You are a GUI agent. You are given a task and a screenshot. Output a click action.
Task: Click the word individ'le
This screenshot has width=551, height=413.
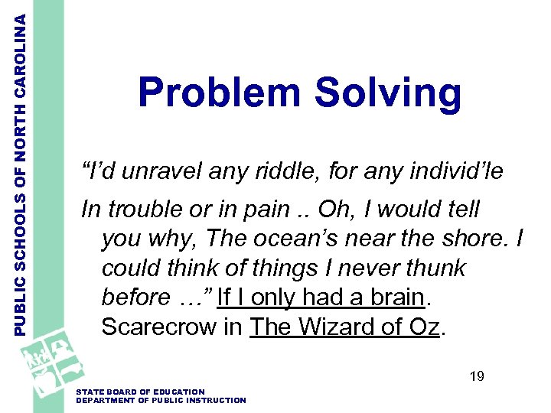click(x=456, y=171)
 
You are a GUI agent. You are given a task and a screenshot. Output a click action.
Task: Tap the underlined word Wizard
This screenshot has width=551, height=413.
click(x=337, y=327)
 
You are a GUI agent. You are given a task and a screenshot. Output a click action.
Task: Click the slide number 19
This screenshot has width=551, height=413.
click(x=477, y=376)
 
